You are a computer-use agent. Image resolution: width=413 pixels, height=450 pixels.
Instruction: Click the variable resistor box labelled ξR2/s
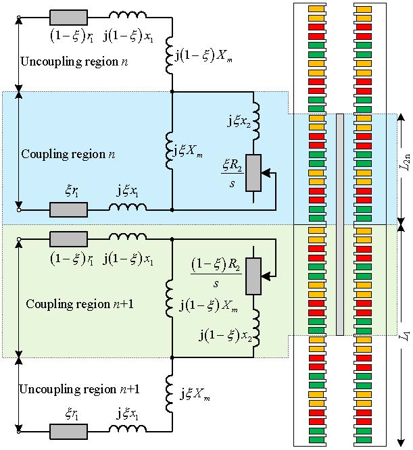pyautogui.click(x=254, y=173)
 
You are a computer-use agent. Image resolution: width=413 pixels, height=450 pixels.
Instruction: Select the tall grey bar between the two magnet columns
pyautogui.click(x=340, y=224)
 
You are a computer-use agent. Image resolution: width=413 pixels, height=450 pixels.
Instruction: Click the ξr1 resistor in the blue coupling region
pyautogui.click(x=68, y=209)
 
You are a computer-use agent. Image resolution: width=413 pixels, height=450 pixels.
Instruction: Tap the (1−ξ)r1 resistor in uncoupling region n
pyautogui.click(x=68, y=17)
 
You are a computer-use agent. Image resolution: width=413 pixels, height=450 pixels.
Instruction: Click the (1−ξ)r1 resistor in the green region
pyautogui.click(x=68, y=239)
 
